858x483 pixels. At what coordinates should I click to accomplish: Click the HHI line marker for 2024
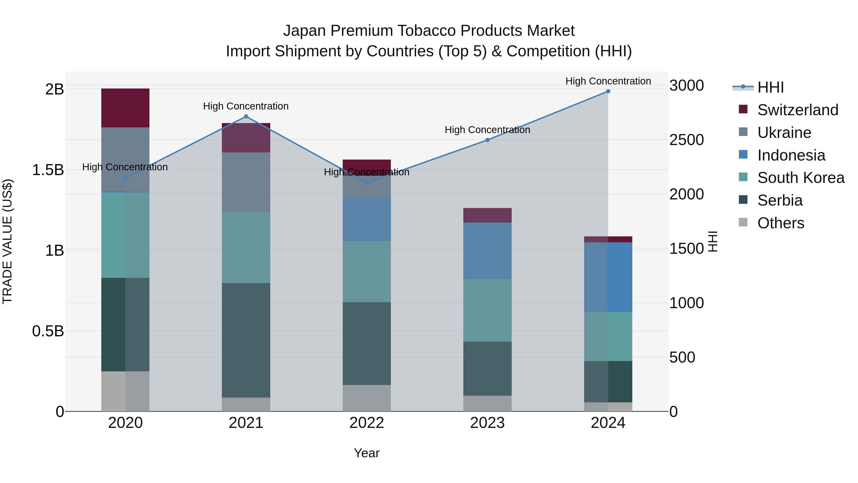[x=608, y=91]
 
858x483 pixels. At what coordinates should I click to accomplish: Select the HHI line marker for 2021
[x=246, y=117]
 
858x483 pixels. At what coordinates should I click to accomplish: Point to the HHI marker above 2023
[x=487, y=140]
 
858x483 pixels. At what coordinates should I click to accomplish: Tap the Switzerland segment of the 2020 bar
[x=125, y=108]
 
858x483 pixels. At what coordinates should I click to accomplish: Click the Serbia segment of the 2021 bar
[x=246, y=340]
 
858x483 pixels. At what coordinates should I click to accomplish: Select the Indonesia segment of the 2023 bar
[x=487, y=251]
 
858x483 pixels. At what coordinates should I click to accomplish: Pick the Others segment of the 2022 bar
[x=367, y=398]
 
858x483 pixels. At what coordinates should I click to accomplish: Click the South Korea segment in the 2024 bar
[x=608, y=336]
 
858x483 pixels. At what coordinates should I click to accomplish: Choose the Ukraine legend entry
[x=784, y=133]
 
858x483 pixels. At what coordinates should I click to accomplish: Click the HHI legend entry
[x=770, y=87]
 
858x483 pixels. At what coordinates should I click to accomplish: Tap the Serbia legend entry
[x=780, y=200]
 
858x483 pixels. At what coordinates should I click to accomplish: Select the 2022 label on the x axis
[x=367, y=423]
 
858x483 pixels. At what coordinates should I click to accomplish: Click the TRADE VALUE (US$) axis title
[x=7, y=241]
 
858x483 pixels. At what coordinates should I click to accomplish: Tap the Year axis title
[x=367, y=453]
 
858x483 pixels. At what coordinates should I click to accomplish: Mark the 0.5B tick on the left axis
[x=48, y=331]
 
